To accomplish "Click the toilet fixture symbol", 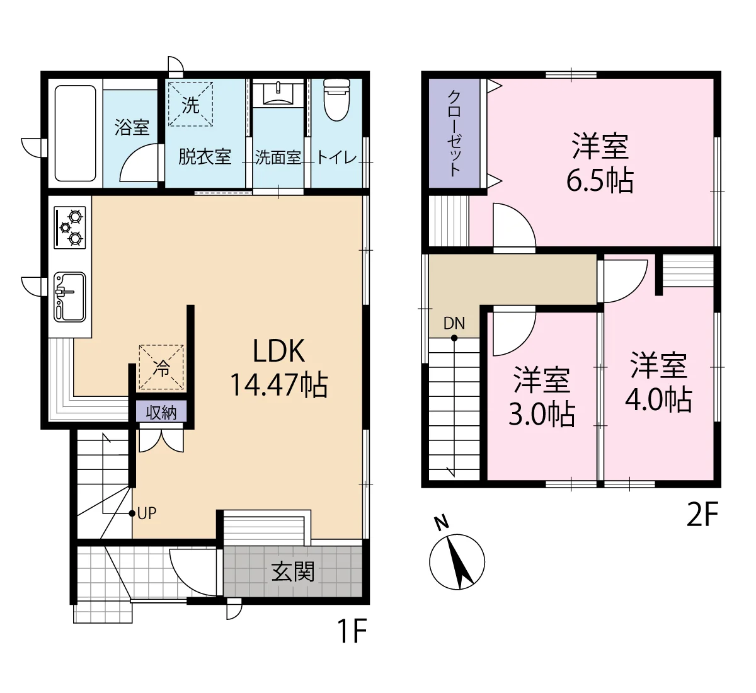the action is (x=337, y=100).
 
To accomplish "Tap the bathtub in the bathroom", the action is (x=76, y=133).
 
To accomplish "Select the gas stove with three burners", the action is (x=70, y=227).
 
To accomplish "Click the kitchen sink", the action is (x=70, y=297).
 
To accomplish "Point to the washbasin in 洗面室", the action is (x=278, y=93).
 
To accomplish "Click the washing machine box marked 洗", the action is (x=191, y=104).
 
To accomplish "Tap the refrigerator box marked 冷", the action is (x=161, y=367).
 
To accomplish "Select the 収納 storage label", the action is (x=161, y=413).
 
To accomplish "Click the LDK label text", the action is (x=279, y=351).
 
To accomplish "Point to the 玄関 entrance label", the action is (x=293, y=571).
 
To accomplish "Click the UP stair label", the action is (x=147, y=513).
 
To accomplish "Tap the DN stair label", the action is (x=454, y=323).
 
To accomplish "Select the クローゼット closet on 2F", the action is (x=454, y=133).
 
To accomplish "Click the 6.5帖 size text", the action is (x=600, y=180).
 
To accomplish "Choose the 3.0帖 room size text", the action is (x=542, y=414).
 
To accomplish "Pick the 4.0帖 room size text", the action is (x=659, y=399).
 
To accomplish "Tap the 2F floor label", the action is (x=702, y=513).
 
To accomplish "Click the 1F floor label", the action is (x=352, y=631).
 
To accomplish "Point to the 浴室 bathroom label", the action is (x=132, y=127).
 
